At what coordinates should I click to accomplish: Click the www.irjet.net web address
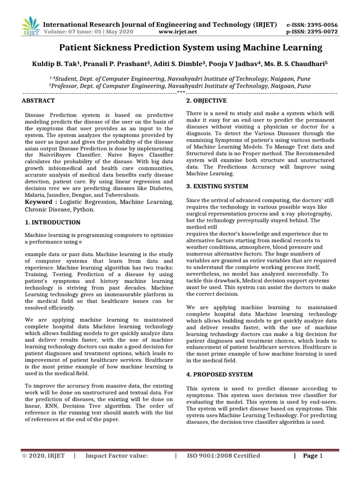178,32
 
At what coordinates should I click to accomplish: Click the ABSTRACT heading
38,101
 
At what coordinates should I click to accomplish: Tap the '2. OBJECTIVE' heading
207,101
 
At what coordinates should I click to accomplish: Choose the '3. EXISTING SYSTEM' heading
217,186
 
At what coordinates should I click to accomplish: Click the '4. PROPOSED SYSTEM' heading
219,375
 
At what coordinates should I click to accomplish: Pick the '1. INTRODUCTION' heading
52,222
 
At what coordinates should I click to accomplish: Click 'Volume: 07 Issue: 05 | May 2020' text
88,32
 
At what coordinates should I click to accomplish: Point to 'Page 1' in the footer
313,456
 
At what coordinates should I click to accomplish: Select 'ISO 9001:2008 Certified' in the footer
224,456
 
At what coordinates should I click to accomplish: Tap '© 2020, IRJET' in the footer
44,456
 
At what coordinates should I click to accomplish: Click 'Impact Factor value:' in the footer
117,456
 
